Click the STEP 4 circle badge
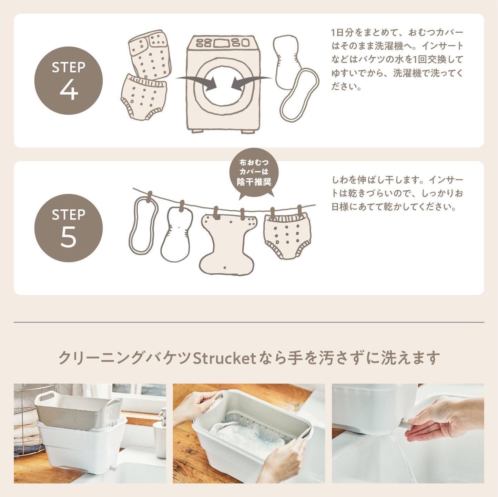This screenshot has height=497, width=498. click(x=69, y=81)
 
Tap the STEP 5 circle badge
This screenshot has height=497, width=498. click(x=69, y=228)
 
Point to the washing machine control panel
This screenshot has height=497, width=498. click(x=223, y=43)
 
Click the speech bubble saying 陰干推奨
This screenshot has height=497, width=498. click(x=254, y=173)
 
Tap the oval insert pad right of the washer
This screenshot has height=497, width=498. click(x=299, y=95)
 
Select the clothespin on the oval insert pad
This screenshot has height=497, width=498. click(x=149, y=197)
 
